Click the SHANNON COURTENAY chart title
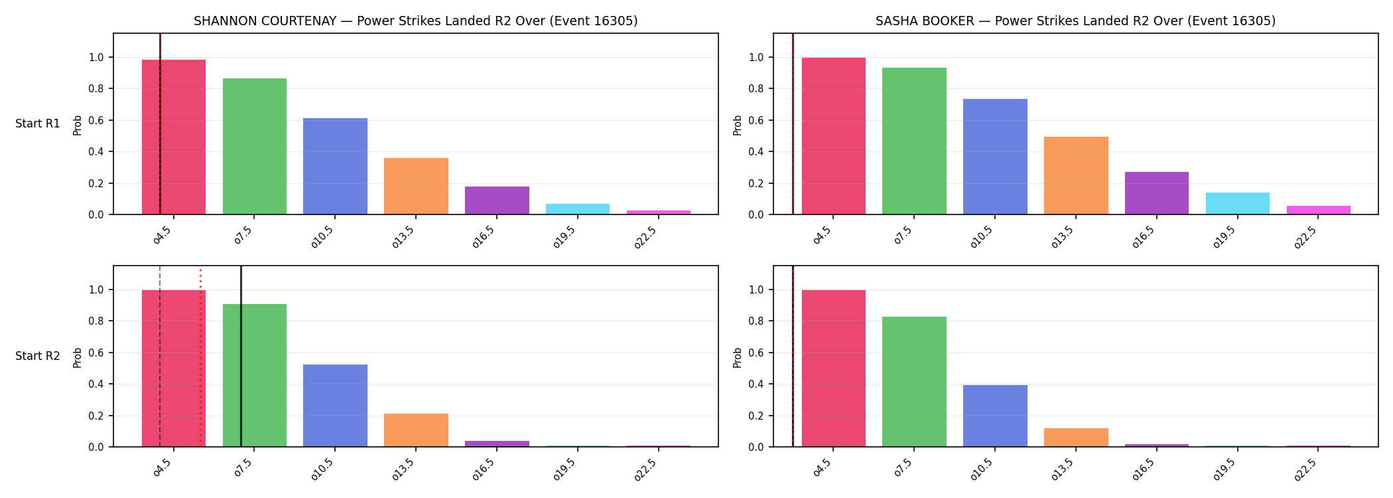tap(415, 21)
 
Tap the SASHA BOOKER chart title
tap(1075, 21)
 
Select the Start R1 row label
tap(38, 124)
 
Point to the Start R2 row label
tap(38, 356)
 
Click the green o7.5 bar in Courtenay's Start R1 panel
tap(255, 146)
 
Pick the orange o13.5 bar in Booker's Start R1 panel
tap(1076, 175)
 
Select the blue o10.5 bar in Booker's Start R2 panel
tap(995, 416)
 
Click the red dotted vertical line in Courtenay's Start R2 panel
tap(200, 357)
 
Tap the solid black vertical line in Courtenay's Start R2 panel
tap(241, 357)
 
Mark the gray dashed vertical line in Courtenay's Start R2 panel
tap(160, 357)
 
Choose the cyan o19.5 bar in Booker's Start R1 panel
tap(1238, 203)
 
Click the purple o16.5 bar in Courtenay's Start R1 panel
tap(497, 201)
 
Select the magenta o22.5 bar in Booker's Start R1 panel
tap(1319, 210)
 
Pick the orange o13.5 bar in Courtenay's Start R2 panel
tap(416, 430)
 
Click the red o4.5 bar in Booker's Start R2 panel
tap(834, 369)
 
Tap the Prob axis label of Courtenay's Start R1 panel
tap(78, 125)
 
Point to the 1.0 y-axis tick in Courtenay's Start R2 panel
tap(96, 290)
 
